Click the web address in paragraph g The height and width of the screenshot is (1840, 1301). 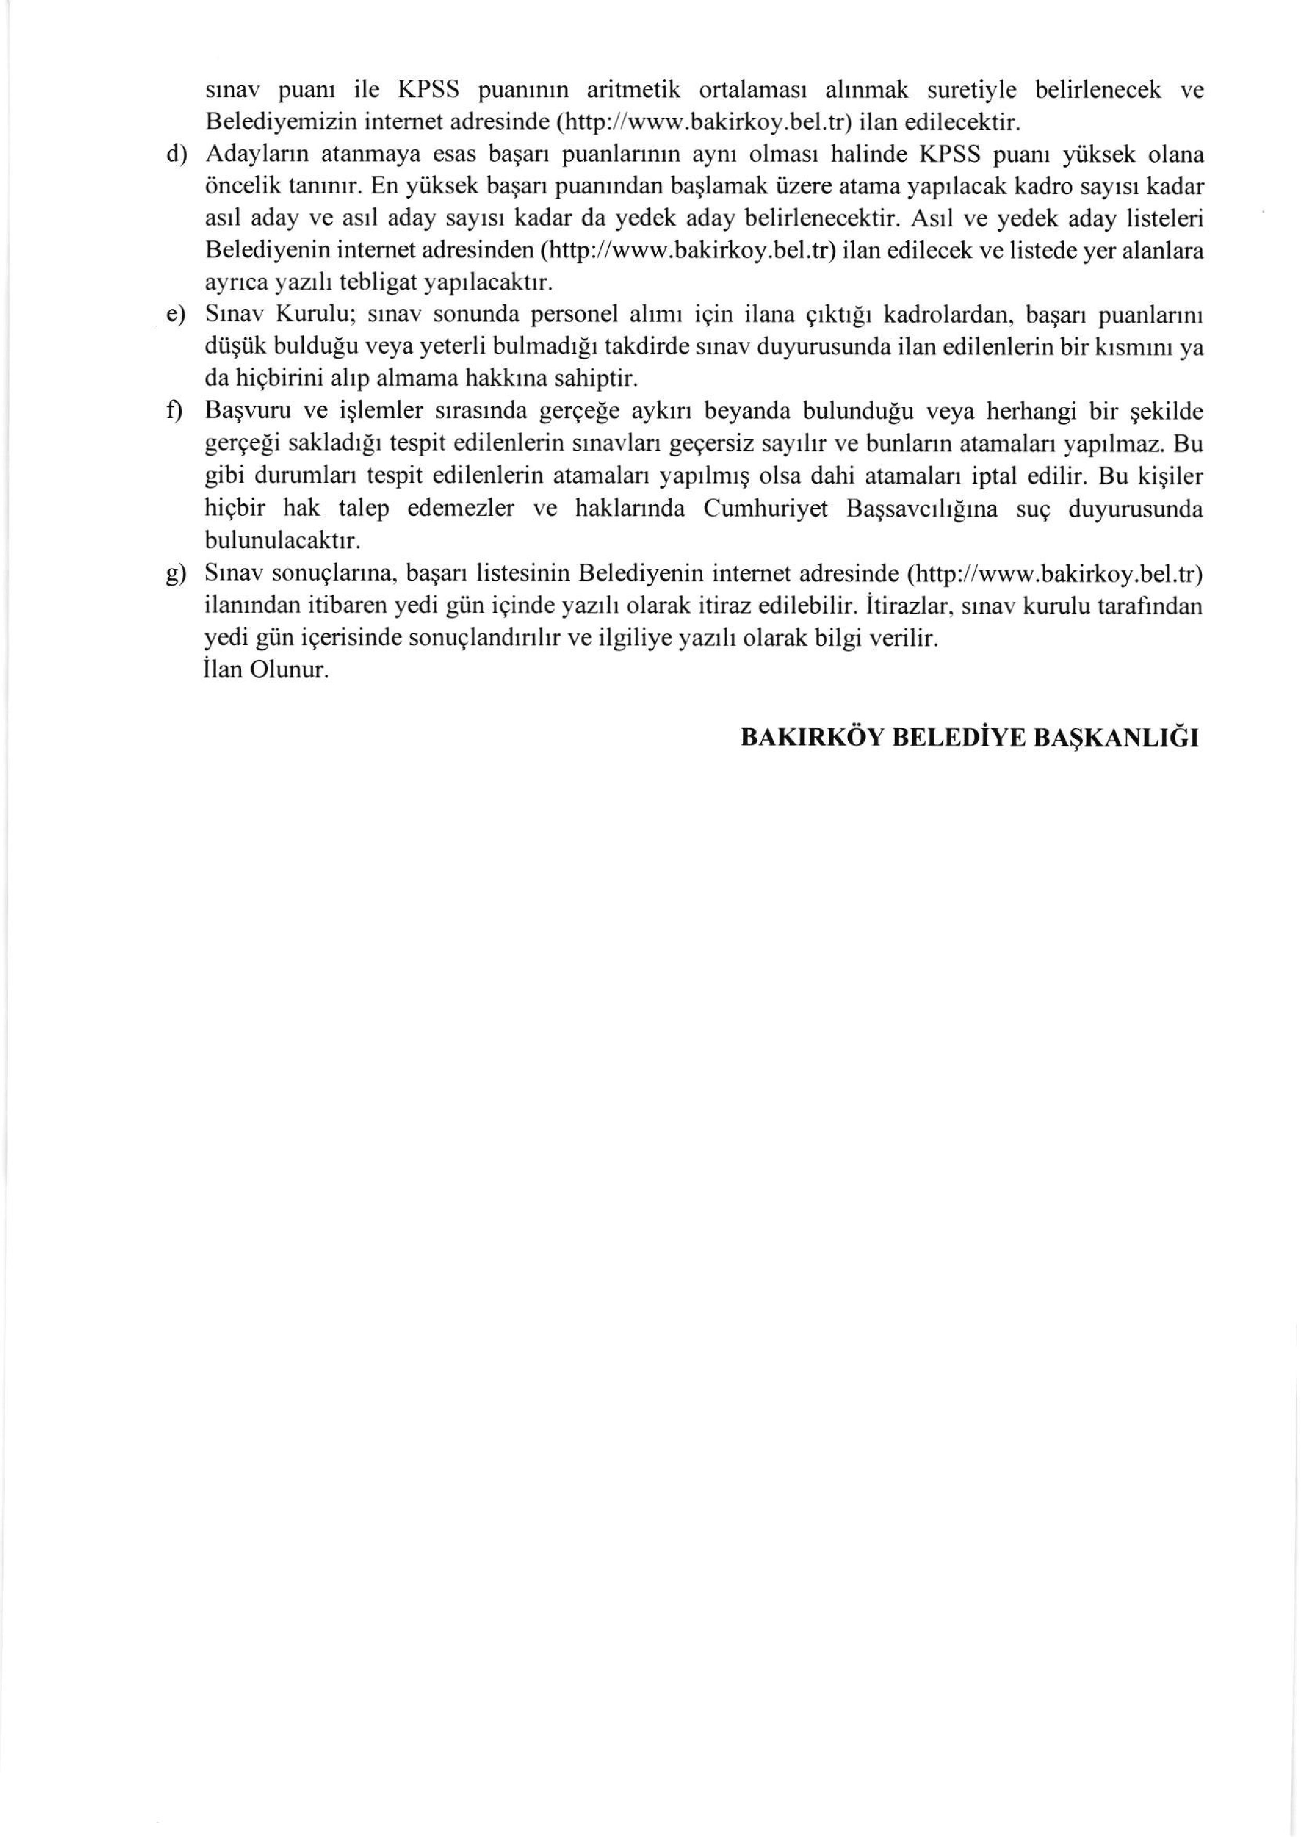[x=1054, y=575]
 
